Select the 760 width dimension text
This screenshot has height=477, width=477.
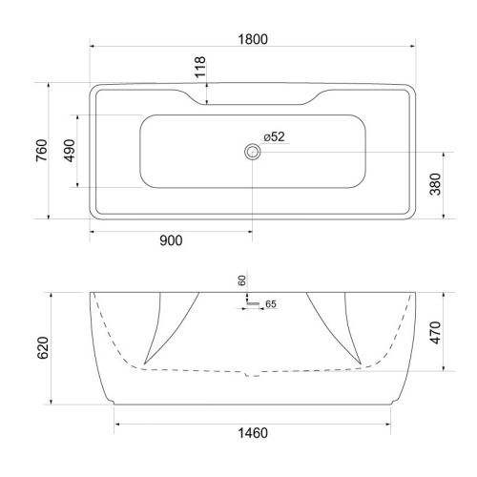(39, 151)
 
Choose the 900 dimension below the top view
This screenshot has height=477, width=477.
(170, 240)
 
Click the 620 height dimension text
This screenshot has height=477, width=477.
(40, 348)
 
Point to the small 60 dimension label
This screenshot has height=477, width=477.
(242, 280)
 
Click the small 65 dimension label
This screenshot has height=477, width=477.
(270, 304)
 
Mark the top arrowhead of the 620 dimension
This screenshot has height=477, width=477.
(52, 291)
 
